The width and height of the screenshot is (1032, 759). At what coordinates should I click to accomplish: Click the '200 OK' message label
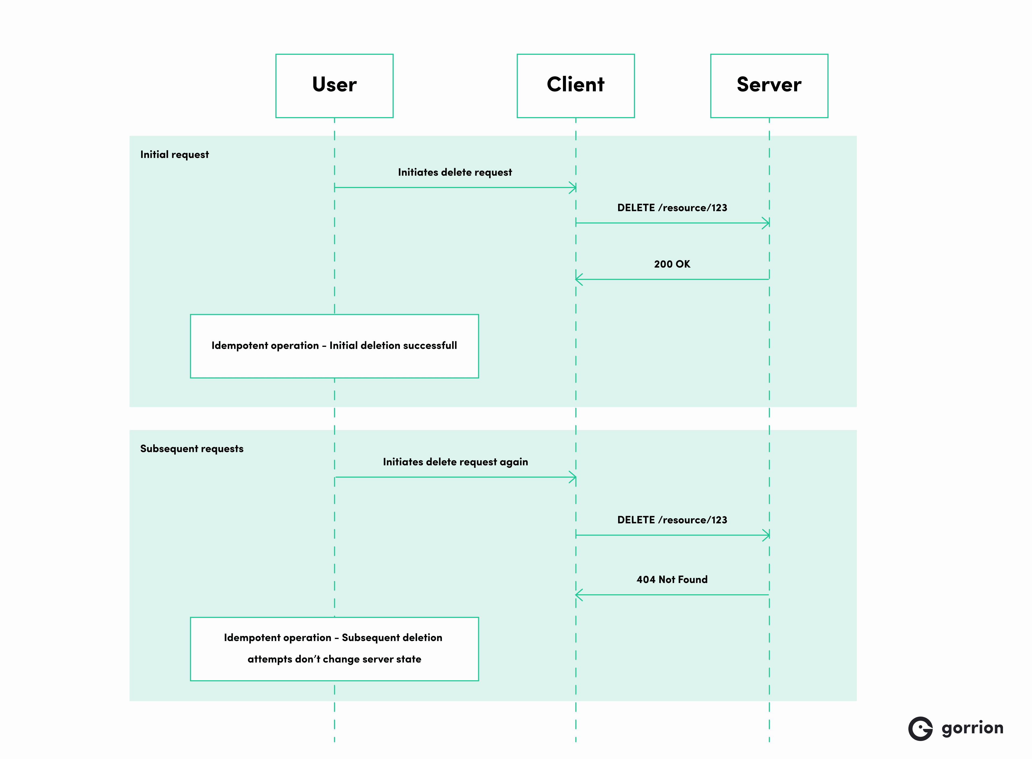pos(672,264)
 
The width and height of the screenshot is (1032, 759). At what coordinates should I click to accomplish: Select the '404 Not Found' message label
pos(672,579)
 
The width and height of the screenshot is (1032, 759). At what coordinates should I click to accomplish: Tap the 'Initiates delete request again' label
pos(455,462)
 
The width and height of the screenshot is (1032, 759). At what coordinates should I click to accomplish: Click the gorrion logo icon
pos(920,728)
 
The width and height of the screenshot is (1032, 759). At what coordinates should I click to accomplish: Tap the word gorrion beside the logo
pos(972,728)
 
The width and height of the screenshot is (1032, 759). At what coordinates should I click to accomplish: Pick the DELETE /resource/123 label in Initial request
pos(672,208)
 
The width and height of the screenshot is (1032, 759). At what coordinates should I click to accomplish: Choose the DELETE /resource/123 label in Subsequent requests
pos(672,520)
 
